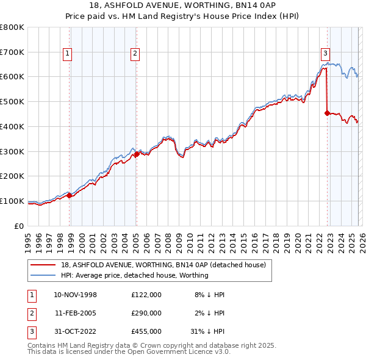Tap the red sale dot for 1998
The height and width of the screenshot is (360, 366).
point(70,195)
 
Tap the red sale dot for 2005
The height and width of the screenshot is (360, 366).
point(137,154)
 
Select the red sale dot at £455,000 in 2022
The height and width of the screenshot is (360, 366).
point(328,113)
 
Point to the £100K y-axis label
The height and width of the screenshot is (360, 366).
point(12,201)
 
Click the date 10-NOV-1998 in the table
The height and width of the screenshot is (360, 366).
point(75,294)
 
